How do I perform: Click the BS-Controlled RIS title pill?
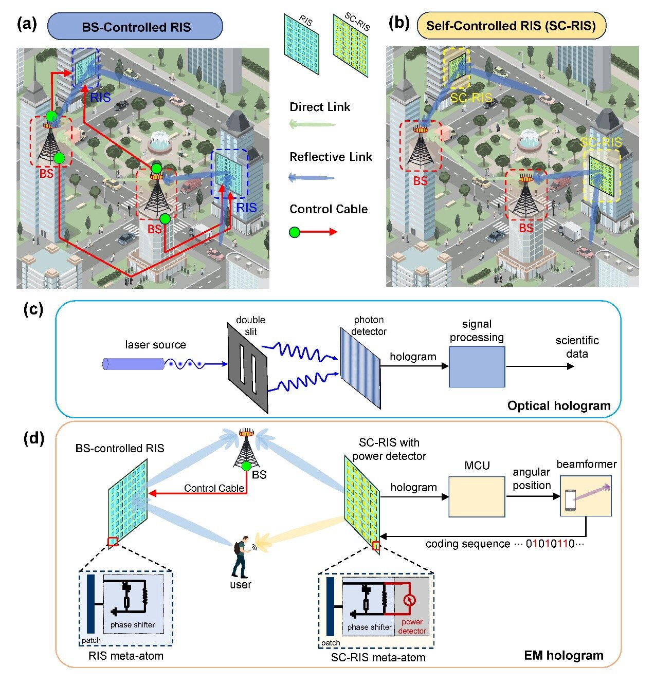[135, 27]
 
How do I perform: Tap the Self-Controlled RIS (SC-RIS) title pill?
[511, 26]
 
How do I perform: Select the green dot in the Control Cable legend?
[295, 232]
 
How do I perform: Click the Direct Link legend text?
[320, 107]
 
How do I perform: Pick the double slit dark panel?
[248, 368]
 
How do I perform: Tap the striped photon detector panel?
[360, 368]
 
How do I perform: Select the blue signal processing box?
[477, 366]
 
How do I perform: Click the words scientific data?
[577, 347]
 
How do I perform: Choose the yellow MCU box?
[477, 496]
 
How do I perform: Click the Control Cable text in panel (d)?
[214, 488]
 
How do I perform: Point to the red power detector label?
[412, 626]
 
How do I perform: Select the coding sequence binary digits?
[550, 544]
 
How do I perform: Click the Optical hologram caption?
[559, 406]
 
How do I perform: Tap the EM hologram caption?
[563, 656]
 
